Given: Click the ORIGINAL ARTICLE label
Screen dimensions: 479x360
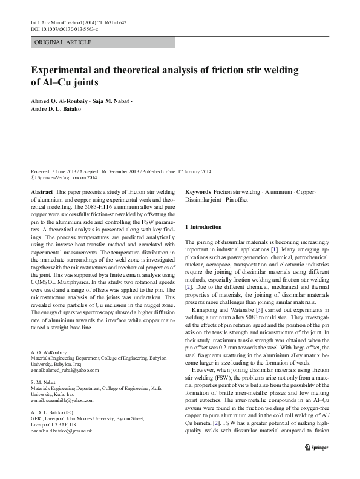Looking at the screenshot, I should [x=64, y=42].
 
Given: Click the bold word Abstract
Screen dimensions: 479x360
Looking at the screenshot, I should [x=41, y=191].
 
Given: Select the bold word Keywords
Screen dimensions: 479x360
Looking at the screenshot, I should [x=198, y=191].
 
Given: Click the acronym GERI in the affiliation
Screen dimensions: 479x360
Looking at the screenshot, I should [x=37, y=417].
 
